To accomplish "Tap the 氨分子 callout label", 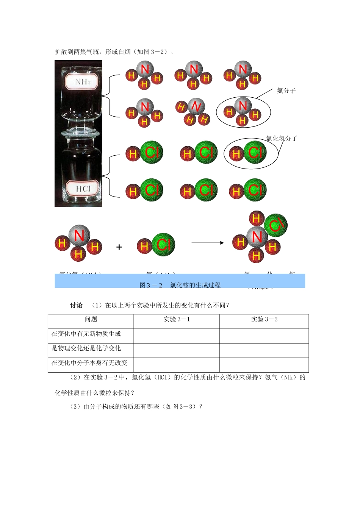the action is click(x=286, y=91).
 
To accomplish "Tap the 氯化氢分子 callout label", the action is click(x=282, y=138).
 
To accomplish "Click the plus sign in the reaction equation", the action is click(x=119, y=247).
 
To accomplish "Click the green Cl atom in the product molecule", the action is click(x=275, y=226).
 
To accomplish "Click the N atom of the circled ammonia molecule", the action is click(x=243, y=105).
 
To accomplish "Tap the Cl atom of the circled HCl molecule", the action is click(x=255, y=152).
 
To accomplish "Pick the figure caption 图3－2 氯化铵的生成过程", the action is click(x=180, y=285).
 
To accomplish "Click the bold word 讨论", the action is click(x=76, y=305).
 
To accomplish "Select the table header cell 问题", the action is click(x=91, y=319).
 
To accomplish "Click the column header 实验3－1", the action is click(x=177, y=319).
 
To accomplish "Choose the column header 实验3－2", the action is click(x=264, y=319).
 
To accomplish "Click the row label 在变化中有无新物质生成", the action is click(x=86, y=334).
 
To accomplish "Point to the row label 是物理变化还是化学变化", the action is click(x=86, y=348).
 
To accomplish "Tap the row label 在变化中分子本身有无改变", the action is click(x=89, y=363).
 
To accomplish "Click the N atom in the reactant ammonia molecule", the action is click(x=79, y=236).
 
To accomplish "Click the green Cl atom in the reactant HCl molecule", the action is click(x=163, y=245).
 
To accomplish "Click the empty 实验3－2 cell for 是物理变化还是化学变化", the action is click(x=264, y=351).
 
